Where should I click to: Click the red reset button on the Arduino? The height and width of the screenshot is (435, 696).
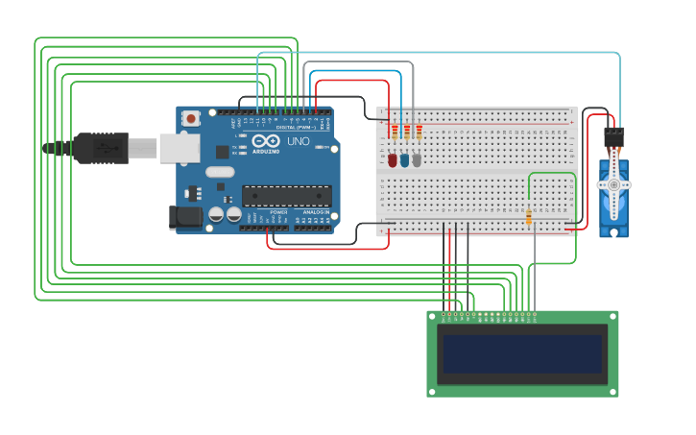192,119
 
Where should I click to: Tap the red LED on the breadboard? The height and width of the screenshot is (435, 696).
393,160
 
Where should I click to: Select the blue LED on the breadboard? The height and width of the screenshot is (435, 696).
404,160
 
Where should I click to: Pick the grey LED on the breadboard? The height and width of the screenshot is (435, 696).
416,160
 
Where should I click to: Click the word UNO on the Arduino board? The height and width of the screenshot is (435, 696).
299,141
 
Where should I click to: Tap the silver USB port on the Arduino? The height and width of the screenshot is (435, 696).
179,147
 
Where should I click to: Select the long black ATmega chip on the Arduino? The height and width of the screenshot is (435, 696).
286,196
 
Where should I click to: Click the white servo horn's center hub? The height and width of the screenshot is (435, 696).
613,182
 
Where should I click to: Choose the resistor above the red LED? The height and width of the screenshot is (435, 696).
394,132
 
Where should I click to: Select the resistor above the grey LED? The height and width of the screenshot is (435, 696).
419,132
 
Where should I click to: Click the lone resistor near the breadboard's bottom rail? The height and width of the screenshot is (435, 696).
529,217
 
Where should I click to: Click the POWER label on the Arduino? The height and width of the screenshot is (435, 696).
278,211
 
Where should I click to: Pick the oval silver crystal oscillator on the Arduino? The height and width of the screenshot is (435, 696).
220,173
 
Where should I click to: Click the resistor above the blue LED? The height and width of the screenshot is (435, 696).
406,132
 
